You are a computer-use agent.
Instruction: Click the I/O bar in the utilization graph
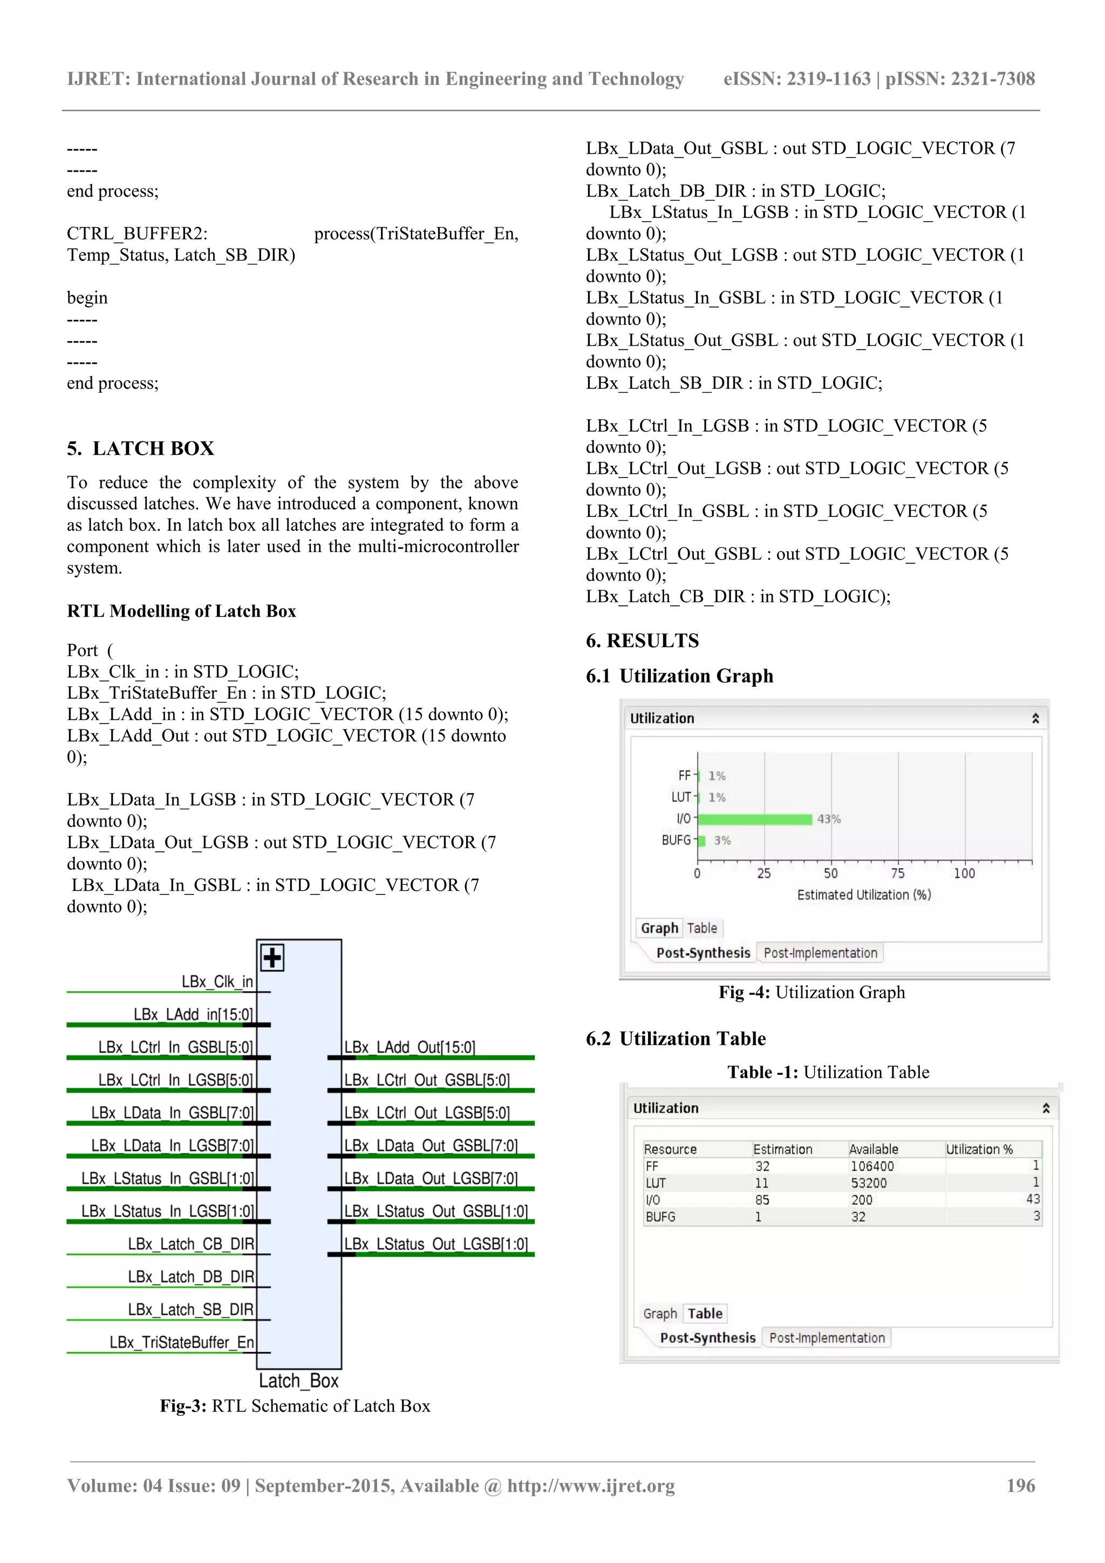click(754, 819)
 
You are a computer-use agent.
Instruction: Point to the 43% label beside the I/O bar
click(829, 819)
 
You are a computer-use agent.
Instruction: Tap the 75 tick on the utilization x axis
click(897, 873)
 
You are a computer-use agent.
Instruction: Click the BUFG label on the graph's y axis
click(676, 841)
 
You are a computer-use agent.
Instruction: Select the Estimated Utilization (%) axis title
click(863, 895)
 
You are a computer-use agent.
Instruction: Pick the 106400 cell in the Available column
click(871, 1166)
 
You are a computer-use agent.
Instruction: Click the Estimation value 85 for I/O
click(762, 1199)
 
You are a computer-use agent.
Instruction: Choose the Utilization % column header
click(979, 1149)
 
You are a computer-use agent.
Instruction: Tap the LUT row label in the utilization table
click(655, 1183)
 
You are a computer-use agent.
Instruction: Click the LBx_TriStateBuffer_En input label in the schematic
click(182, 1342)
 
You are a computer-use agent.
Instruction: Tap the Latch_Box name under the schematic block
click(298, 1381)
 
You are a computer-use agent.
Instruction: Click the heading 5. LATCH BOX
click(140, 448)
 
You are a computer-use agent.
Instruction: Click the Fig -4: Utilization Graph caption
click(811, 992)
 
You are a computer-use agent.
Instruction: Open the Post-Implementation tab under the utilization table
click(827, 1337)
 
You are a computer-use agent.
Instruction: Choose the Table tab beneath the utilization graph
click(701, 928)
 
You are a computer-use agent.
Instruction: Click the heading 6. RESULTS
click(642, 640)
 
